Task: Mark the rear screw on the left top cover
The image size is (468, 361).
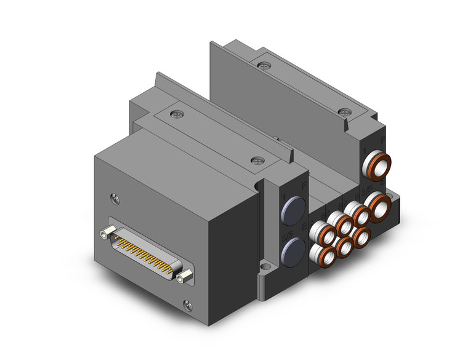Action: point(178,114)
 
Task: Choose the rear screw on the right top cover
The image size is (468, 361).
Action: point(265,64)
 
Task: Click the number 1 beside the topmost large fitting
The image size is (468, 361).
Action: point(366,150)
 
